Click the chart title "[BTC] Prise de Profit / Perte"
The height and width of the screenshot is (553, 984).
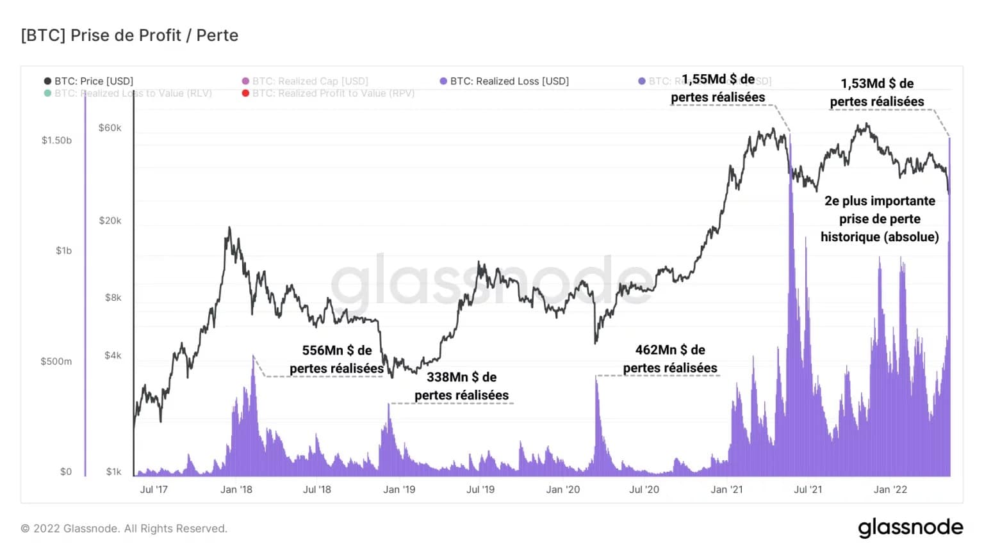point(129,35)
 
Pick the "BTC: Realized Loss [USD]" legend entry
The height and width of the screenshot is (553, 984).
point(504,81)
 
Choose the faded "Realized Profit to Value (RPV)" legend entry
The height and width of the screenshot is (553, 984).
point(329,93)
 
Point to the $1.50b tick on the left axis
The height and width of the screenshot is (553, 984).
point(56,140)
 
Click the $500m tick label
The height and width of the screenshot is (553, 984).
point(56,362)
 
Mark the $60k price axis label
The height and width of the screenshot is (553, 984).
point(110,128)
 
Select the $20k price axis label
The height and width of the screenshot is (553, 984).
point(110,221)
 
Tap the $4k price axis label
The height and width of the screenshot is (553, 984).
point(113,355)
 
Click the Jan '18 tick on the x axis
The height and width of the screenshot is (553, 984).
point(236,490)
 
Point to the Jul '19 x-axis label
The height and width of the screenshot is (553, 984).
point(480,490)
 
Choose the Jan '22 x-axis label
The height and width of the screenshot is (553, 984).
point(890,490)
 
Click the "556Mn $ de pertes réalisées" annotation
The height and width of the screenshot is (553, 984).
point(337,359)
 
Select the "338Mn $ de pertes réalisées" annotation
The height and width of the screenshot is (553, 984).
point(462,386)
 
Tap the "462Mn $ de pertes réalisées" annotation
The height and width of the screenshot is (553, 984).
point(670,358)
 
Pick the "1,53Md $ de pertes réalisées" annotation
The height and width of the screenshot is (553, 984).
point(877,92)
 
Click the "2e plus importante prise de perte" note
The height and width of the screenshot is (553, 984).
point(880,219)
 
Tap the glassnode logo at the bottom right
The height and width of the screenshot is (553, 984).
point(910,527)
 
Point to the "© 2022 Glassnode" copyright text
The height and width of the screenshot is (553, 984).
point(124,529)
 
